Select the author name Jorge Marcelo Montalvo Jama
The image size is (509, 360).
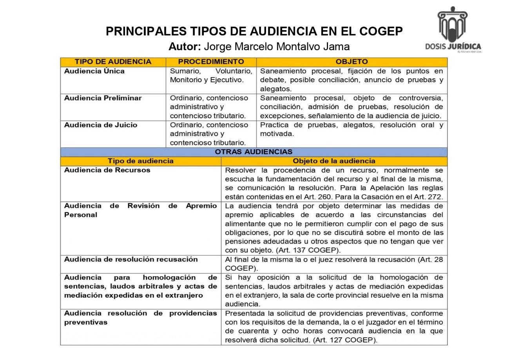277,47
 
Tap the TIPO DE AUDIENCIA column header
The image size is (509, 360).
113,62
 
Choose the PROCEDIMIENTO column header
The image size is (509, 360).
211,62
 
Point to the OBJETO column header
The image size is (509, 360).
351,62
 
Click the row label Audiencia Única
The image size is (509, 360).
94,71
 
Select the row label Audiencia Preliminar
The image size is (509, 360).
103,98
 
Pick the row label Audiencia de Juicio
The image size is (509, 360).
101,125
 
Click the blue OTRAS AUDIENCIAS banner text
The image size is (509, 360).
254,152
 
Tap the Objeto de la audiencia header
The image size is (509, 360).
334,161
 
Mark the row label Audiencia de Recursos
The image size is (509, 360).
107,170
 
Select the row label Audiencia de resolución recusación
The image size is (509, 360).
131,259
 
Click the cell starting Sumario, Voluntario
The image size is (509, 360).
211,76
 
